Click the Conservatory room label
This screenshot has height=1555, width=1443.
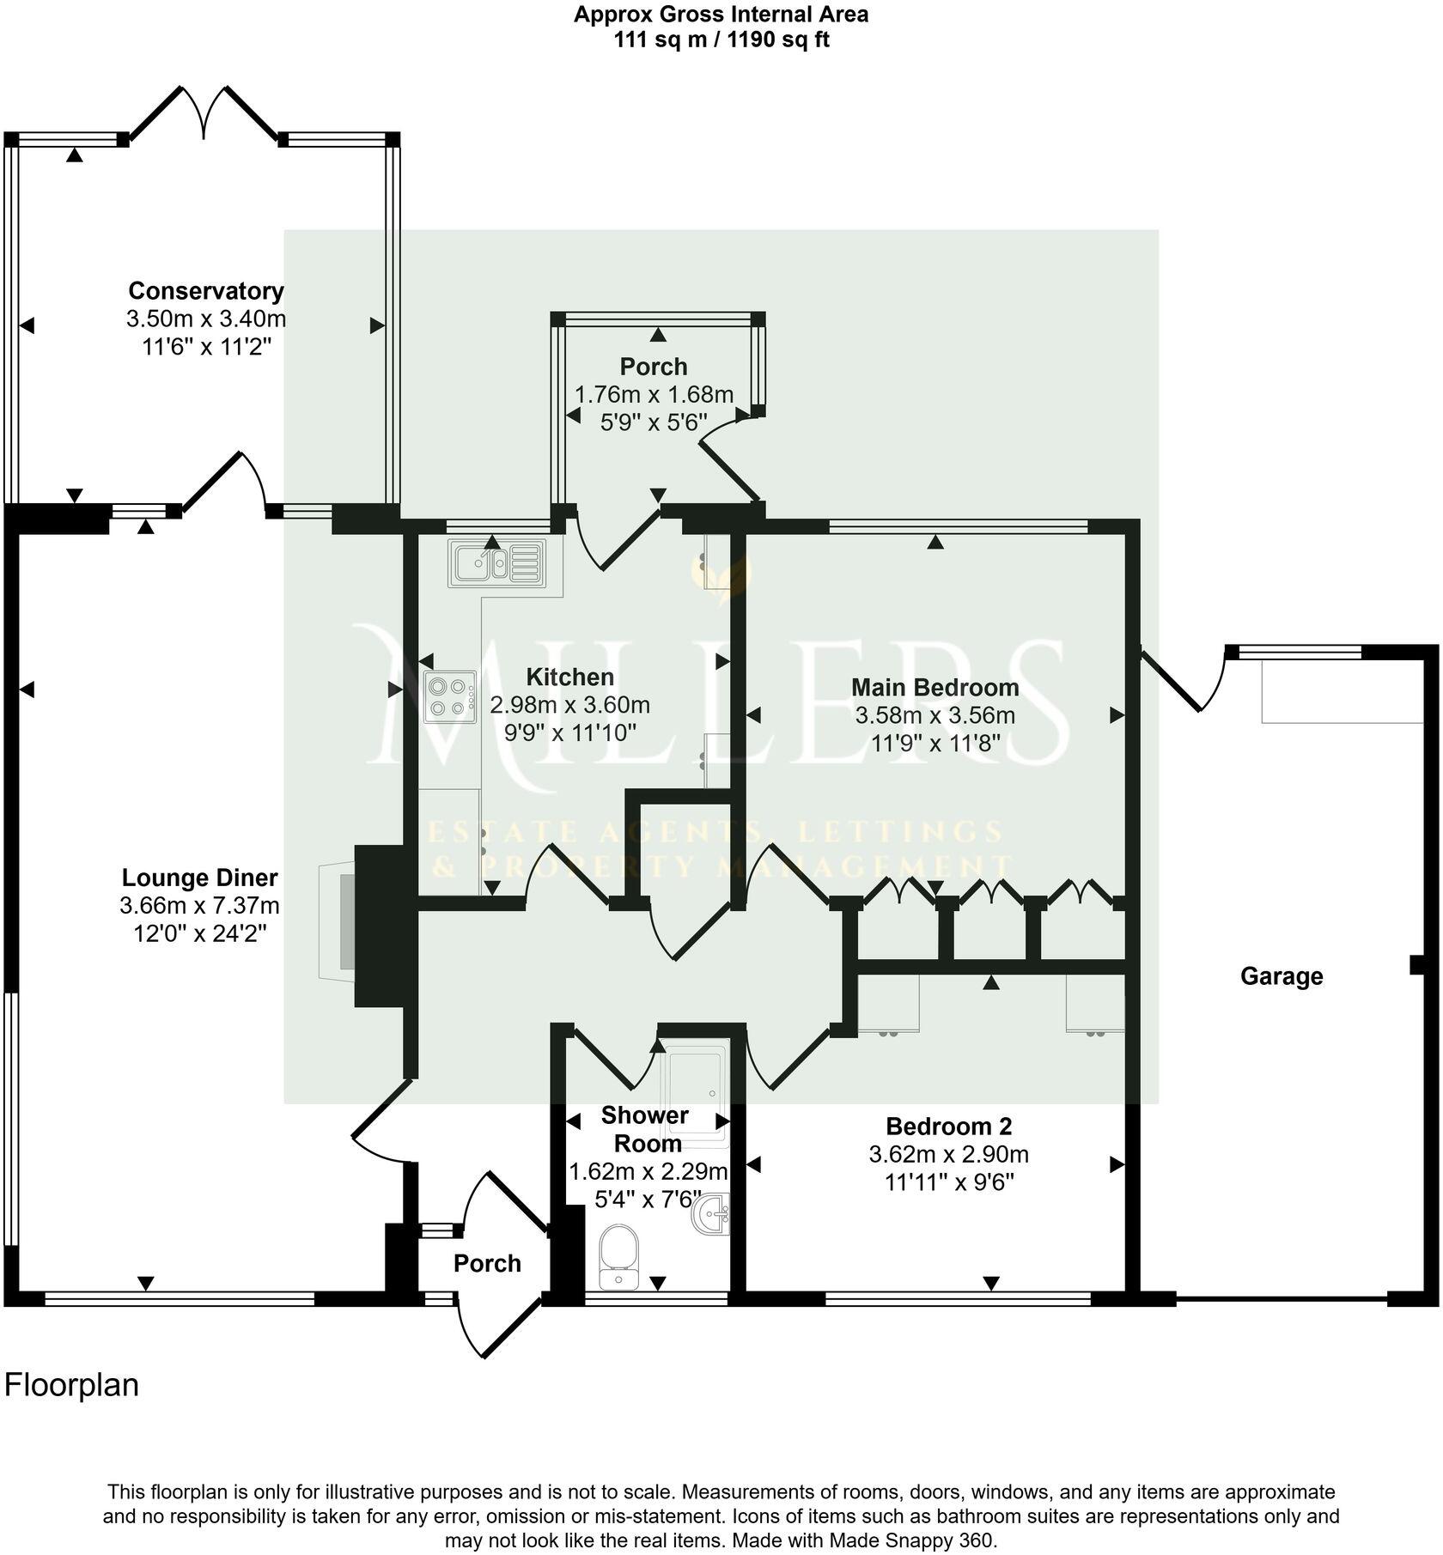[x=205, y=291]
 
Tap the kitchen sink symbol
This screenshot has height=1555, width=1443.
[x=496, y=563]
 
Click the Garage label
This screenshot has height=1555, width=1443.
[x=1281, y=976]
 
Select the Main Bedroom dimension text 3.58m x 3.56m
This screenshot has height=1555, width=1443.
[x=935, y=715]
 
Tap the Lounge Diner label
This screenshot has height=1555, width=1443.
[x=199, y=878]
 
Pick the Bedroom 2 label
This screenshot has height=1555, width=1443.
[x=949, y=1126]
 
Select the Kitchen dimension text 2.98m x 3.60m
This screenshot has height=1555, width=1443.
[x=569, y=706]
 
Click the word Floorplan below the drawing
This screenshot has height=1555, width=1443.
[x=71, y=1385]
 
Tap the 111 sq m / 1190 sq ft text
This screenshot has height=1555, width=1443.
[x=721, y=40]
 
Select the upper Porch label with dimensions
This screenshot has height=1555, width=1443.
[x=654, y=367]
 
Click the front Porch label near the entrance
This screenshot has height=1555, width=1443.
[x=487, y=1263]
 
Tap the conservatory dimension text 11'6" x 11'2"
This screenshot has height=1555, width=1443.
[x=205, y=347]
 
